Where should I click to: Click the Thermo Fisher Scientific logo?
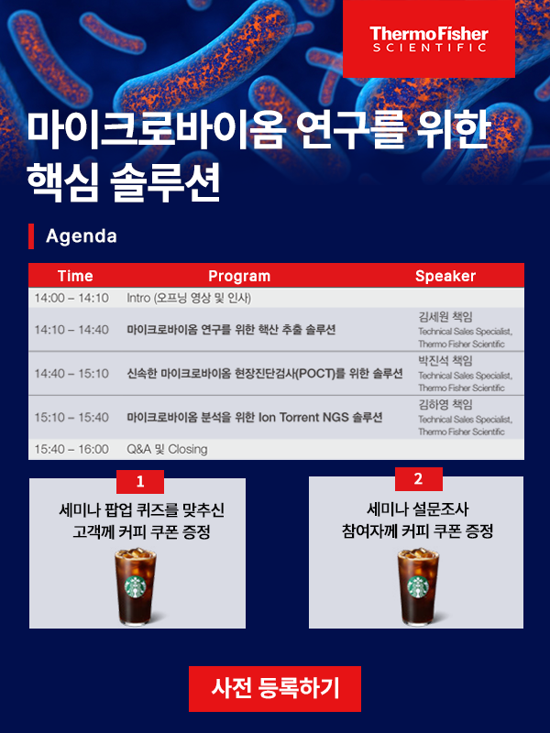(429, 38)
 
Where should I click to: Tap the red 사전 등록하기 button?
(275, 689)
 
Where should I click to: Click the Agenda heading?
(82, 236)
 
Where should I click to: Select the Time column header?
(75, 276)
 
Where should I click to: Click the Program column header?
(239, 276)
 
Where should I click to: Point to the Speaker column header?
(445, 276)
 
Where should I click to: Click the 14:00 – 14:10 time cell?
(71, 298)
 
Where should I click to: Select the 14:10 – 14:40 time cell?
(71, 330)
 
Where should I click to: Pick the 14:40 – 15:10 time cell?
(71, 374)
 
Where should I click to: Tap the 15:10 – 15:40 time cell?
(71, 417)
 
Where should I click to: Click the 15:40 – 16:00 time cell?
(71, 449)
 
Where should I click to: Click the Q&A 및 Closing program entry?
(167, 449)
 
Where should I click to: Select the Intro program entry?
(189, 298)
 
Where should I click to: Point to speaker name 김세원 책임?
(445, 317)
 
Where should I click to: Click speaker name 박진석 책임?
(445, 360)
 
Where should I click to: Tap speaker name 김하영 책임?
(445, 404)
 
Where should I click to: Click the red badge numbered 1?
(140, 482)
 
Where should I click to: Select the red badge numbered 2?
(419, 478)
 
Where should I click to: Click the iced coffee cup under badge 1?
(136, 586)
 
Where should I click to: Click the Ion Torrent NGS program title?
(255, 417)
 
